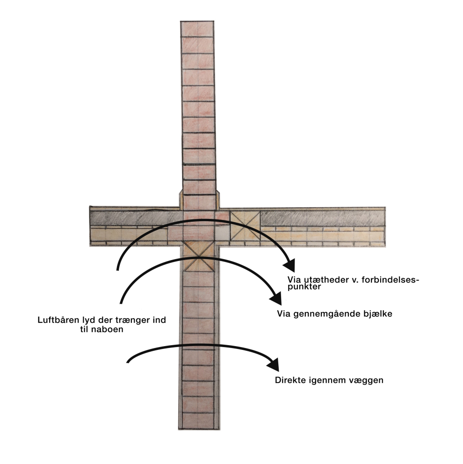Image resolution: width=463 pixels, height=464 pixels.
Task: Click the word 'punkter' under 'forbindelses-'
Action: click(304, 287)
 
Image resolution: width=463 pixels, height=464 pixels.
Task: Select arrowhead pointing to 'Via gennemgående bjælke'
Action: click(276, 298)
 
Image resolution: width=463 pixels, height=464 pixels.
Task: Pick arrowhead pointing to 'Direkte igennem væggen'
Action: click(274, 364)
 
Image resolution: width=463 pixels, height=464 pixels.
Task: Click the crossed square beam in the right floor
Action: click(245, 225)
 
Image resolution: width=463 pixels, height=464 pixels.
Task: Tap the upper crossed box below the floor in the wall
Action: click(199, 248)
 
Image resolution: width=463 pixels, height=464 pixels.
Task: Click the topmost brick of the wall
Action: click(197, 29)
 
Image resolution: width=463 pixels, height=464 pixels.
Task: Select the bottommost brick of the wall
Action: click(198, 421)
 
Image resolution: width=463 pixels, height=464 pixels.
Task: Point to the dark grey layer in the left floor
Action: click(137, 218)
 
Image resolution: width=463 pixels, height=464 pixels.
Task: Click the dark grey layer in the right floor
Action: click(323, 219)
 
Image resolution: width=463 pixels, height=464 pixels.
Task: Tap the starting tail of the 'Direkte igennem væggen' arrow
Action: click(128, 362)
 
